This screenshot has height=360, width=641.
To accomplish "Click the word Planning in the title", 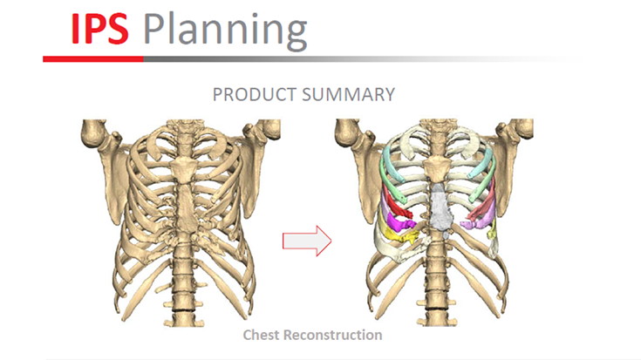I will [x=225, y=31].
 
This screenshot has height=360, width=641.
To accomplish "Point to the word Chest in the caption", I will [x=263, y=335].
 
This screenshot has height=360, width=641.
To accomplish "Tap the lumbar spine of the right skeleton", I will [x=436, y=279].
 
